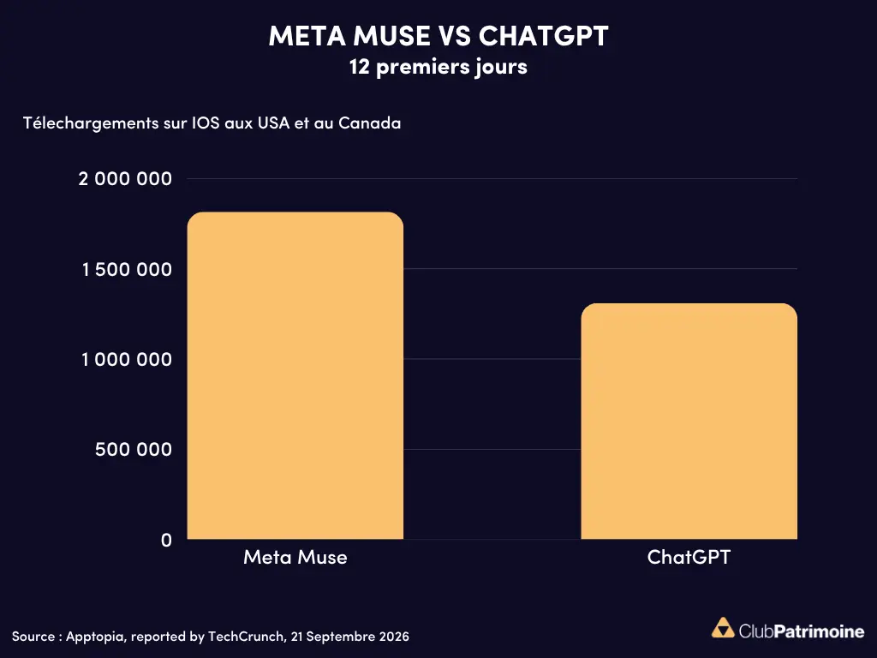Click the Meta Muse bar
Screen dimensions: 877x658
295,375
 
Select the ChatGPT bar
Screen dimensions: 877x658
689,422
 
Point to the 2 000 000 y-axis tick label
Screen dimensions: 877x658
125,179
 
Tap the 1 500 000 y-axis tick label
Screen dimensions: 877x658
127,270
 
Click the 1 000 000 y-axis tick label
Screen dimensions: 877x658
127,359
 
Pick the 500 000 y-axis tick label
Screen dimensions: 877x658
134,449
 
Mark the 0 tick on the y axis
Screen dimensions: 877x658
167,540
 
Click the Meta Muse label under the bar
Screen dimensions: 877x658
295,557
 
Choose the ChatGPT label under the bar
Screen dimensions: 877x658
689,557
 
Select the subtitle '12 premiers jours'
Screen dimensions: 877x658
438,67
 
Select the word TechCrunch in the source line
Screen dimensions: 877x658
246,637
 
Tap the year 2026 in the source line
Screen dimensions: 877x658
394,637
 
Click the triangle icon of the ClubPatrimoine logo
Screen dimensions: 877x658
723,628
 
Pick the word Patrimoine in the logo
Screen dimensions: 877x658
820,631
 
